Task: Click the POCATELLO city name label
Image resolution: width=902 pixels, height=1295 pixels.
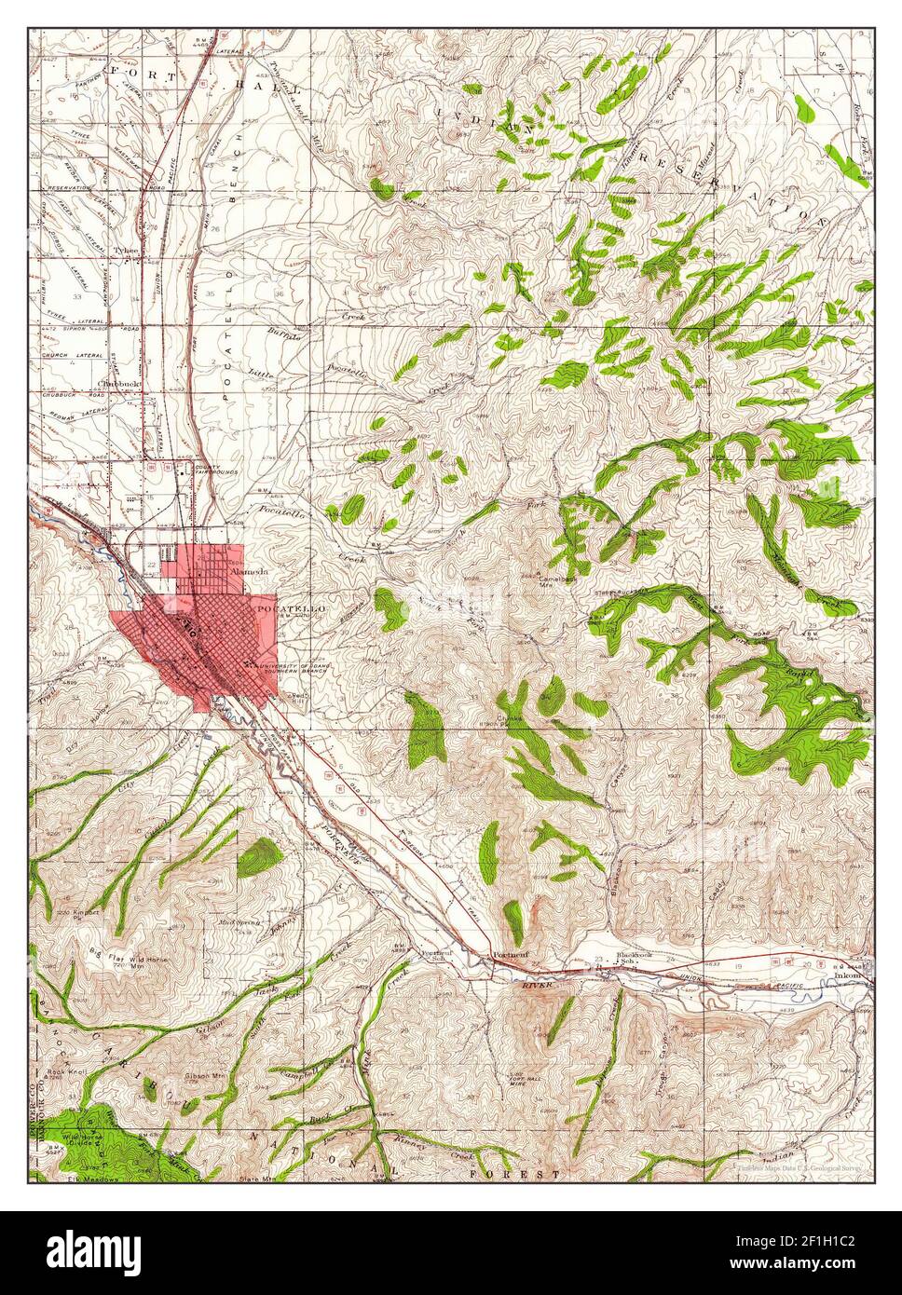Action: [x=289, y=607]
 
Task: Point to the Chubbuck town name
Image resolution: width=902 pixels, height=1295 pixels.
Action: [x=120, y=380]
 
